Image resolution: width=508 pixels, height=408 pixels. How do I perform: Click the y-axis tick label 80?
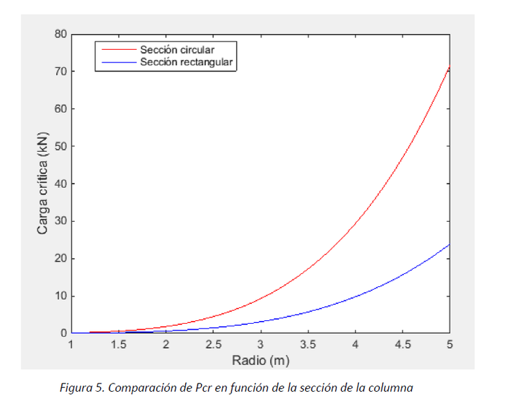pyautogui.click(x=61, y=34)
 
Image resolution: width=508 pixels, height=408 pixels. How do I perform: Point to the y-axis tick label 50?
pyautogui.click(x=61, y=146)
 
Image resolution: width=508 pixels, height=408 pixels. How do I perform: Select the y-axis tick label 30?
pyautogui.click(x=61, y=221)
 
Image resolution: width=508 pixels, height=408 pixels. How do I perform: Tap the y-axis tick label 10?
pyautogui.click(x=61, y=296)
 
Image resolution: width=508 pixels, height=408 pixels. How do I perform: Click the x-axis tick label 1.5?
pyautogui.click(x=118, y=345)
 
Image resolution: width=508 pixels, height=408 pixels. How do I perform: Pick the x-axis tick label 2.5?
pyautogui.click(x=213, y=345)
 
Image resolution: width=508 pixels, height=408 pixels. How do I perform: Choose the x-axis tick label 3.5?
pyautogui.click(x=308, y=345)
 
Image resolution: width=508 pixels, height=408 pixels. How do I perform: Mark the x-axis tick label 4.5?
pyautogui.click(x=402, y=345)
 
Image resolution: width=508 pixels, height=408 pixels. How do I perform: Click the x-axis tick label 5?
pyautogui.click(x=449, y=345)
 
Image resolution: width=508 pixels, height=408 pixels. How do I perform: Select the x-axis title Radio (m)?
pyautogui.click(x=260, y=360)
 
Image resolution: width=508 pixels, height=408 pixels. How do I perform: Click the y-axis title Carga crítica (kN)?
pyautogui.click(x=43, y=184)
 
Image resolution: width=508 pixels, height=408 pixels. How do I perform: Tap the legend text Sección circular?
pyautogui.click(x=178, y=50)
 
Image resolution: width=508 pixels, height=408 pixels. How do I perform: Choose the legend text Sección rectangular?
pyautogui.click(x=186, y=62)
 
